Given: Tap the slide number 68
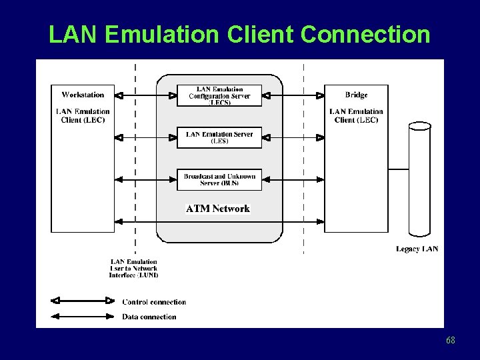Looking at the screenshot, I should (451, 341).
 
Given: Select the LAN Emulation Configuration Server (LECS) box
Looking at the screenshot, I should (219, 95).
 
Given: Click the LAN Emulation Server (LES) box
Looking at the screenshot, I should (219, 137).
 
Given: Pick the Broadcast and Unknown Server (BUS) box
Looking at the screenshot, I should (219, 179).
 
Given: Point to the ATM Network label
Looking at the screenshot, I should (218, 209).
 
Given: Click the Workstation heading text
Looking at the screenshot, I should (83, 95).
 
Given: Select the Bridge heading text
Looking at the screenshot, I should (356, 95).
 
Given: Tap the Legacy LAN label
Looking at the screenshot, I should (417, 249).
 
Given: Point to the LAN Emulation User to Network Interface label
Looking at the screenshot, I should (134, 268).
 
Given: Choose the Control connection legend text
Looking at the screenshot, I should (154, 302).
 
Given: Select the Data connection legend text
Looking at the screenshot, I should (149, 317).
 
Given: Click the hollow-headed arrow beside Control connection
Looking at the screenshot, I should (83, 301).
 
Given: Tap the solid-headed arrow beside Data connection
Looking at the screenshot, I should (83, 317).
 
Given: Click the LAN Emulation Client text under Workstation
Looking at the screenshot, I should (83, 115).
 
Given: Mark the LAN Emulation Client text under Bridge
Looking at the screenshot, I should (356, 115).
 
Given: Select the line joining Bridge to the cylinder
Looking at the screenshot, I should (399, 169).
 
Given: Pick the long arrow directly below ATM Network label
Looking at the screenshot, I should (219, 221).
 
